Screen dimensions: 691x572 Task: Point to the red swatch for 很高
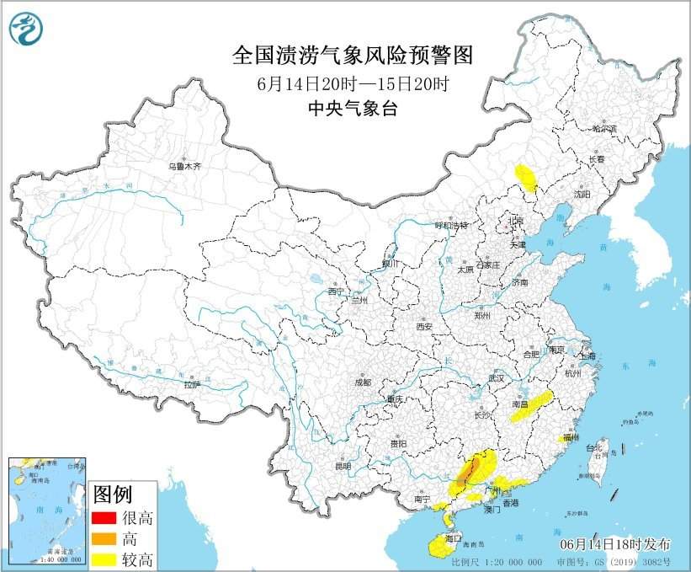[105, 516]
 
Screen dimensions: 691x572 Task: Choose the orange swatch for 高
[105, 537]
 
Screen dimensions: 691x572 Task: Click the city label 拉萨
[192, 384]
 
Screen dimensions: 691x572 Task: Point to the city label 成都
[362, 382]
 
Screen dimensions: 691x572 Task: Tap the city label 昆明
[342, 465]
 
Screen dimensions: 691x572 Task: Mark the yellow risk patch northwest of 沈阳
[527, 179]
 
